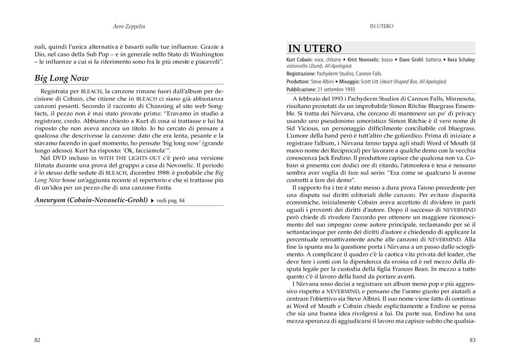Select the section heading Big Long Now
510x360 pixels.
click(x=61, y=78)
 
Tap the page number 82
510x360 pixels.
click(x=37, y=340)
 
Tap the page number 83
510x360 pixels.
click(x=472, y=340)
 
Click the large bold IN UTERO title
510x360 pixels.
click(x=315, y=48)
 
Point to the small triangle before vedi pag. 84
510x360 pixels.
click(x=152, y=200)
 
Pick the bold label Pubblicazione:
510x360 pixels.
click(x=304, y=89)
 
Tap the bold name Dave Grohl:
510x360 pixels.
click(x=413, y=60)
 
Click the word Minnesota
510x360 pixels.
click(x=456, y=98)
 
